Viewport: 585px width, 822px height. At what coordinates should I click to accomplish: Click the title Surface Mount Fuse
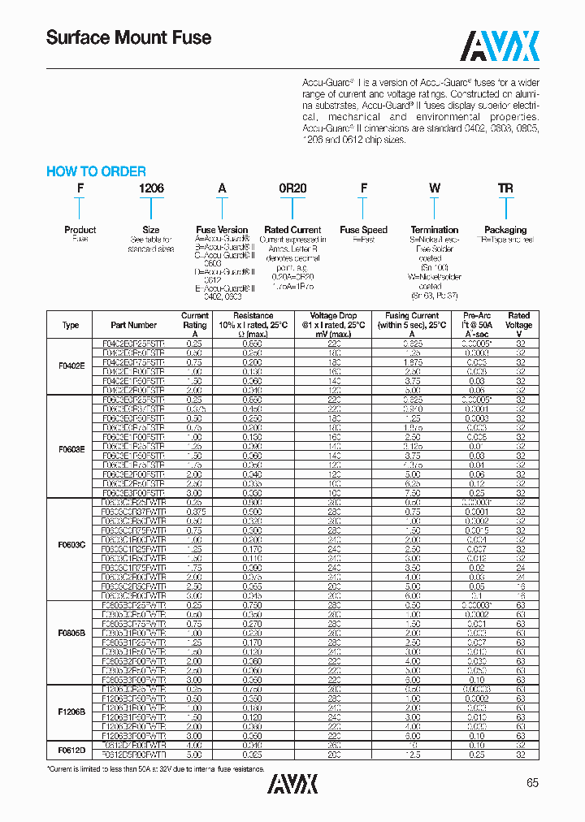[128, 37]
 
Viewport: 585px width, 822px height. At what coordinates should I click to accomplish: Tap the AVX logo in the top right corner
[500, 46]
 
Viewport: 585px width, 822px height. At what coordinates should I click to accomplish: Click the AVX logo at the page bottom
[292, 783]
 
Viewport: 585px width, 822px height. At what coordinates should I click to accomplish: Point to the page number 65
[532, 783]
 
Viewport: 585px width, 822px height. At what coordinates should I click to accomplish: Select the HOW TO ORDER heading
[96, 171]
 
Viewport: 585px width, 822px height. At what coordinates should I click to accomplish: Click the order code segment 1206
[151, 188]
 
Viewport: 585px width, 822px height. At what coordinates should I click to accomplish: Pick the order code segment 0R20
[292, 188]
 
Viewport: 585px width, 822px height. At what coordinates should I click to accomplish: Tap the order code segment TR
[505, 188]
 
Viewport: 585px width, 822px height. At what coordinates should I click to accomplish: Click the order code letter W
[435, 188]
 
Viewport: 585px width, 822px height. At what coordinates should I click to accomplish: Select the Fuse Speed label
[363, 230]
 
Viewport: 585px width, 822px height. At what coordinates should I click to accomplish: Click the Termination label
[435, 230]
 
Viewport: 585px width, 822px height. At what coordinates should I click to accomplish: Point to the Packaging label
[505, 230]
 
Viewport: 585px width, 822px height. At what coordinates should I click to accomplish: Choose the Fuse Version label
[222, 230]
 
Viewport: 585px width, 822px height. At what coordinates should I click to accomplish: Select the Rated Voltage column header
[518, 324]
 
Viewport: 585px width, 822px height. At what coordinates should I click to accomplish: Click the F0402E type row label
[71, 366]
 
